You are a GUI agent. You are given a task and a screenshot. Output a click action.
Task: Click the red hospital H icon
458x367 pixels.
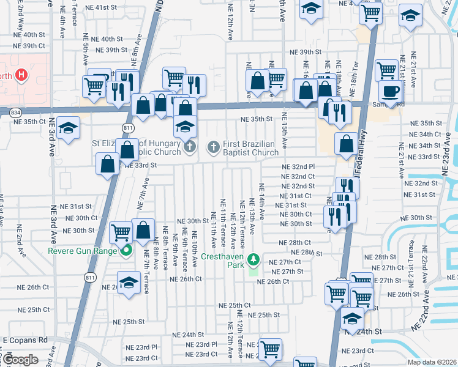(x=21, y=75)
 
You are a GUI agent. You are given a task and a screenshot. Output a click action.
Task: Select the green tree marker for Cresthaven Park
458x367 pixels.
(x=253, y=261)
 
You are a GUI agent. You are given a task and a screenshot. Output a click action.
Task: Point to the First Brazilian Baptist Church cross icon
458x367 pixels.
(x=213, y=146)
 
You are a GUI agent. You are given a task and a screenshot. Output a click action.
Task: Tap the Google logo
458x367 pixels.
(x=20, y=360)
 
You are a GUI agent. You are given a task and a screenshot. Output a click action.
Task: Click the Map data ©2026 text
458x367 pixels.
(x=431, y=362)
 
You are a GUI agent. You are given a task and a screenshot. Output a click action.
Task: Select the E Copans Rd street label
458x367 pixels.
(x=25, y=339)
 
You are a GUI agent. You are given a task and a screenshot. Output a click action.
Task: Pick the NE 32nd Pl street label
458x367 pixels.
(x=298, y=166)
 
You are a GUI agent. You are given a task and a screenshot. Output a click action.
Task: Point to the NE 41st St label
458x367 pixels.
(x=101, y=7)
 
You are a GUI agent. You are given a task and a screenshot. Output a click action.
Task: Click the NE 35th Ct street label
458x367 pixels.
(x=29, y=122)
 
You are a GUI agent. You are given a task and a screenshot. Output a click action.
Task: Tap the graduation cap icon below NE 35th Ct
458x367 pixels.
(x=68, y=128)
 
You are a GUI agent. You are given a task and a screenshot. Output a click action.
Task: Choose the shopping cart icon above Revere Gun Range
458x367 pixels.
(x=121, y=232)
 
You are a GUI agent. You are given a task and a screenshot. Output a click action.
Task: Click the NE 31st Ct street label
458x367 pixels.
(x=295, y=195)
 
